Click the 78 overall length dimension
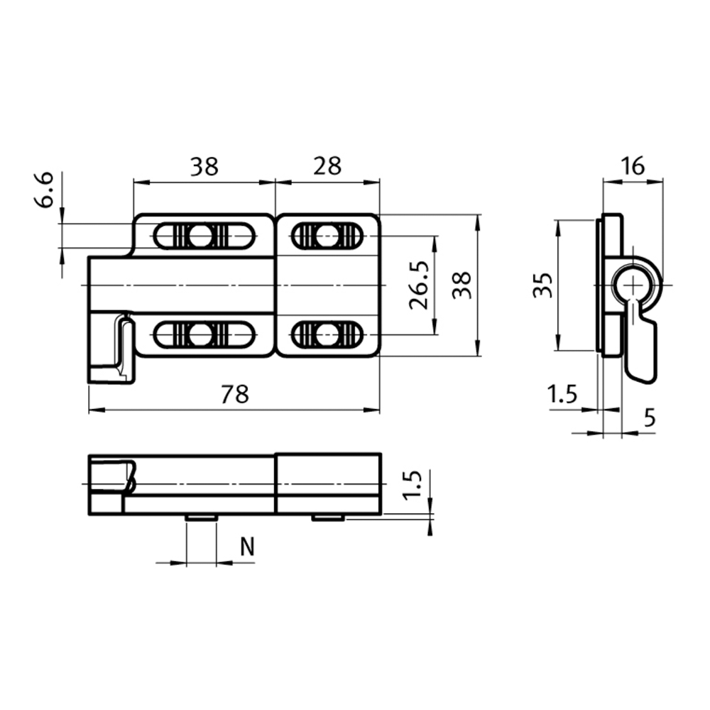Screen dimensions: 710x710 click(234, 395)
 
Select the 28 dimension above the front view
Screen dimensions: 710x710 click(327, 166)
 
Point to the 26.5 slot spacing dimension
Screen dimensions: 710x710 click(419, 285)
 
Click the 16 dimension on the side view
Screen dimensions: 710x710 click(632, 166)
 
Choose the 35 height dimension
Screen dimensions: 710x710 click(542, 285)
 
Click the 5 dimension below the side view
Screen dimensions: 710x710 click(649, 419)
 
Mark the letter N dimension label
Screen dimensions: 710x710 click(247, 547)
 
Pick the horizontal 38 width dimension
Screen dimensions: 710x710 click(204, 166)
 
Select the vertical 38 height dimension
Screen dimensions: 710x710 click(462, 285)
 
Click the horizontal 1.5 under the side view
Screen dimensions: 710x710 click(562, 395)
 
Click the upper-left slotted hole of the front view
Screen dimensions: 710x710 click(204, 236)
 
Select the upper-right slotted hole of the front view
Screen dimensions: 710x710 click(327, 236)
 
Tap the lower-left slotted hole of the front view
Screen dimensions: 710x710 click(204, 334)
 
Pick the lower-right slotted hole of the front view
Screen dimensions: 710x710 click(327, 334)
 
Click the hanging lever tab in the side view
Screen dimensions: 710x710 click(640, 351)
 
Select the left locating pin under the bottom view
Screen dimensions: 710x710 click(201, 518)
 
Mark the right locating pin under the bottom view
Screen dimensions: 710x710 click(328, 518)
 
